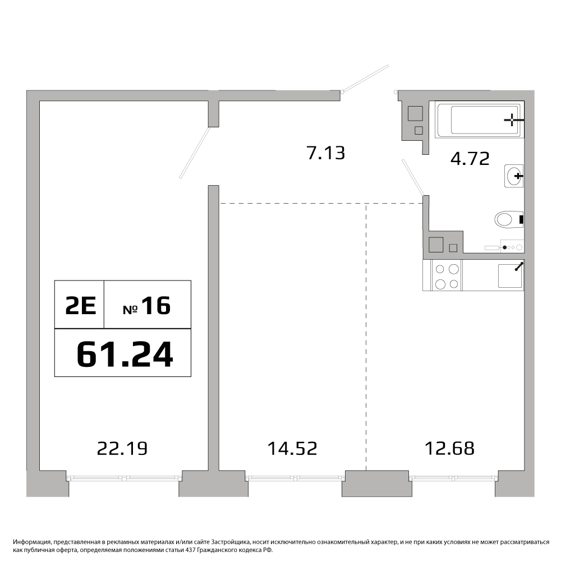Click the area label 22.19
click(122, 448)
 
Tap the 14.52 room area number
click(292, 448)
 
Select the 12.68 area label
click(449, 448)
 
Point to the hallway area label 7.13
click(326, 153)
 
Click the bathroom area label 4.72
click(470, 159)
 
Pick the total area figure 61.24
click(125, 354)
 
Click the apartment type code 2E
click(80, 306)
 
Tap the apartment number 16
click(156, 306)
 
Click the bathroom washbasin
click(514, 176)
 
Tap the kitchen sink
click(510, 275)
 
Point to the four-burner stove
click(447, 275)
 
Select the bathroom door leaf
click(413, 177)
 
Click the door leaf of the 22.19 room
click(194, 153)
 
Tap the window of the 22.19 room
click(125, 477)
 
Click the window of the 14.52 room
click(295, 477)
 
